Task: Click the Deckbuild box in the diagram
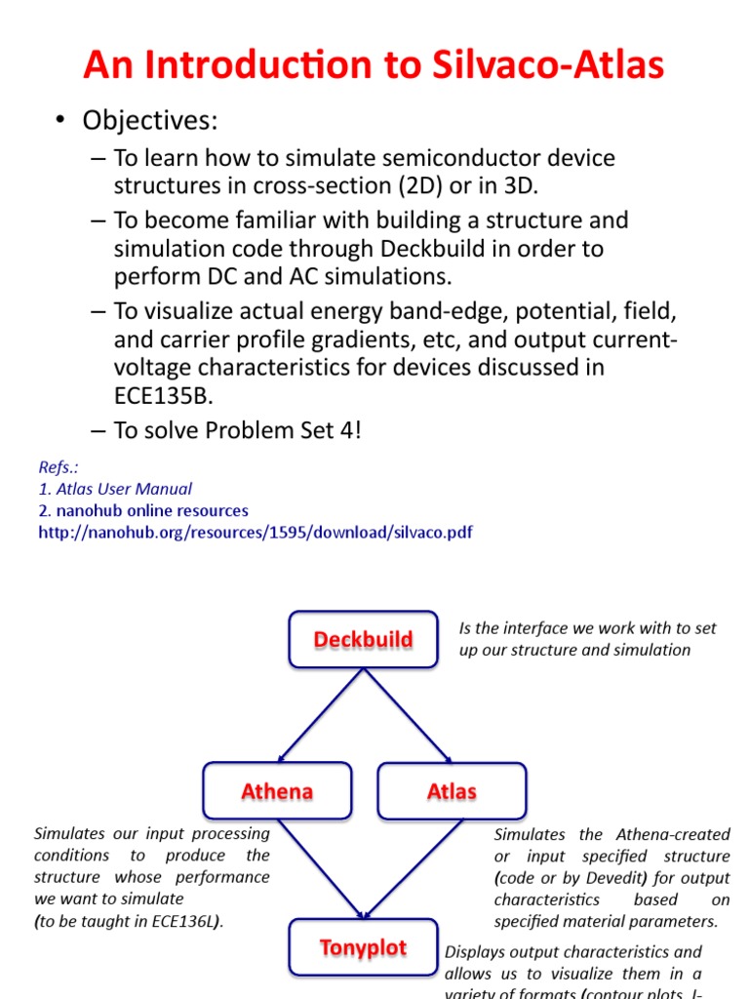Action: click(363, 640)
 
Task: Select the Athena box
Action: click(277, 790)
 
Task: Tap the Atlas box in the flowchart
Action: click(452, 790)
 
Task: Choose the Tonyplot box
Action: click(363, 947)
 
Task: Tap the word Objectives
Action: click(150, 120)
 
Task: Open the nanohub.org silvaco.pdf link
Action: click(256, 533)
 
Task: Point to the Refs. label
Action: click(59, 467)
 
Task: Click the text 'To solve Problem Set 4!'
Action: click(238, 430)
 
